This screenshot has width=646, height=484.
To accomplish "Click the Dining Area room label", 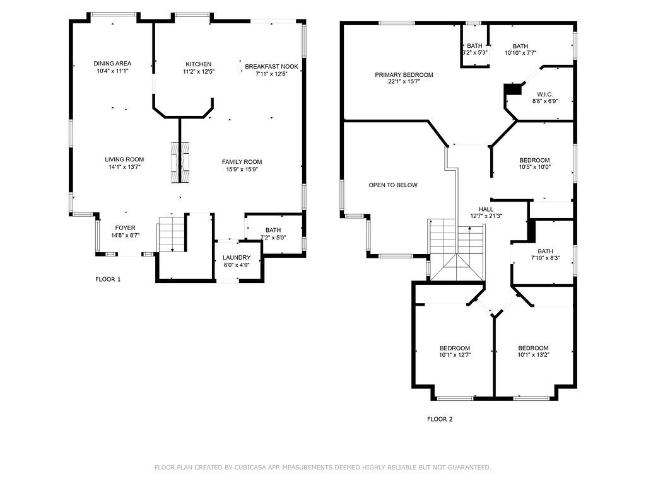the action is [x=112, y=64].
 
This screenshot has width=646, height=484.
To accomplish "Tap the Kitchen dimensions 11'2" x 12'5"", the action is [x=199, y=71].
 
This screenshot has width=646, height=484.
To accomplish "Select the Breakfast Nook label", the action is [x=271, y=66].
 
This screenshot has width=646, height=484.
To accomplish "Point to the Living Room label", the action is [x=124, y=159].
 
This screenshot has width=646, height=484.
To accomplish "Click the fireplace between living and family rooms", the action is [x=180, y=162].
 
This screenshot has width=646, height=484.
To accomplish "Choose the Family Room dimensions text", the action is [x=242, y=169].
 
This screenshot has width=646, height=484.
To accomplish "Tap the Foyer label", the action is [x=125, y=228].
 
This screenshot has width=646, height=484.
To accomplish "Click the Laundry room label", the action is [x=237, y=258].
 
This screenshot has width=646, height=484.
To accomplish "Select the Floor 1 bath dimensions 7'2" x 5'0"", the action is [x=273, y=238].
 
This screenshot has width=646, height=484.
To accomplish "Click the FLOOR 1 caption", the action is [x=108, y=279].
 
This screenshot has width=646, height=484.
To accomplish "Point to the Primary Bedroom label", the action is [x=404, y=75].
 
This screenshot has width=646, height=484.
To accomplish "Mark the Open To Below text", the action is [x=393, y=185].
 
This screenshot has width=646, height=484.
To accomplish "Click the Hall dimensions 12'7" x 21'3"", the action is [x=486, y=216].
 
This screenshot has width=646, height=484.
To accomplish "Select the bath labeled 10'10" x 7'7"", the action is [x=520, y=49].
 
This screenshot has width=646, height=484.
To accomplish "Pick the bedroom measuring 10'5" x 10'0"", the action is [x=534, y=164].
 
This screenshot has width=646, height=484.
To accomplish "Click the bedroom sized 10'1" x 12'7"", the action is [x=455, y=352].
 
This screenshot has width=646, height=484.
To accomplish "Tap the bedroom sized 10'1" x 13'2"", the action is [x=534, y=352].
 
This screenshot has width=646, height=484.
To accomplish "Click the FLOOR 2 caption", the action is [x=440, y=419].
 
